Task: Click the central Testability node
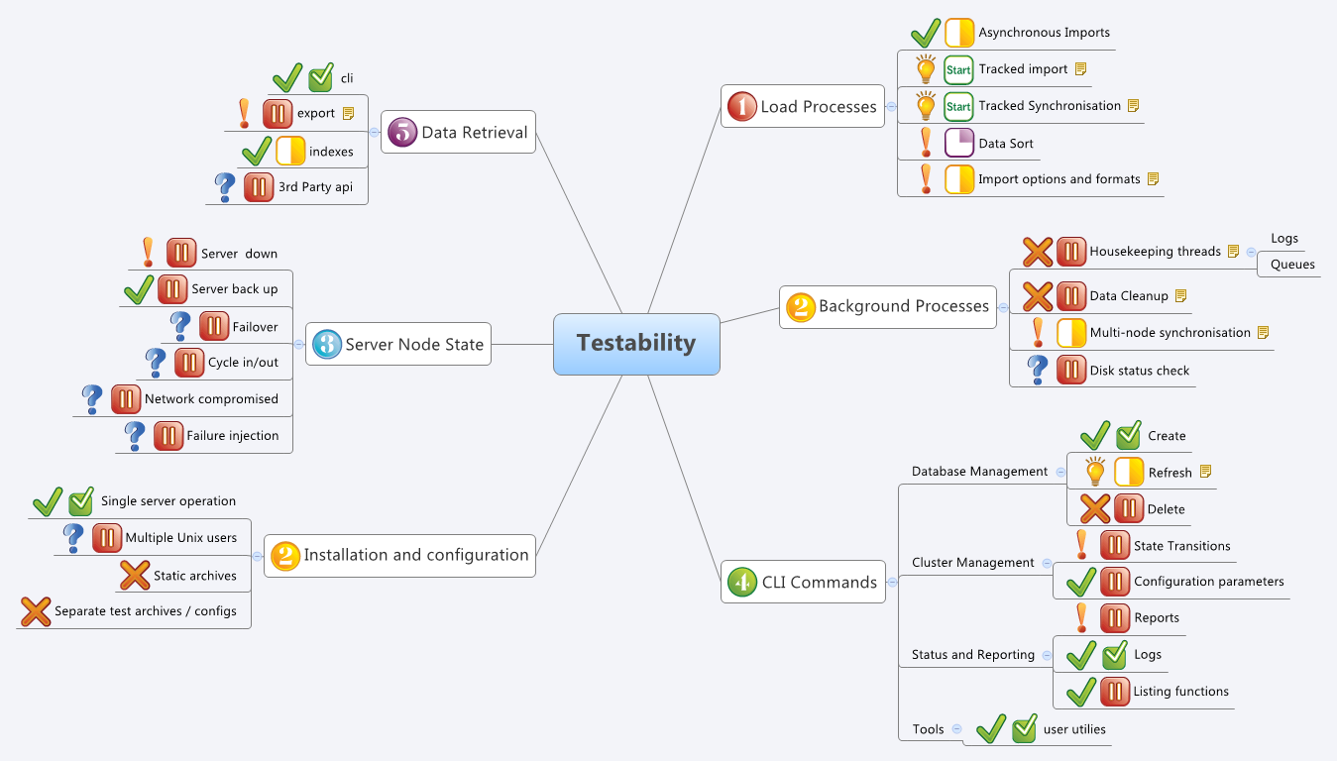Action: [x=636, y=344]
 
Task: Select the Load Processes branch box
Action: [x=804, y=106]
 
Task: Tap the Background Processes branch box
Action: [x=889, y=306]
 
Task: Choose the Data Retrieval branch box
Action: [x=459, y=132]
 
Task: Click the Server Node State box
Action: [x=398, y=345]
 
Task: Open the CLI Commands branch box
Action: [x=804, y=582]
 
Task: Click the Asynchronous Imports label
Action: [x=1044, y=33]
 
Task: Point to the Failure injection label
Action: [x=233, y=435]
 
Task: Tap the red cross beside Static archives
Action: [x=134, y=576]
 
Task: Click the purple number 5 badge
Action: [x=401, y=132]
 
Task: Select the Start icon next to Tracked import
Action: [x=958, y=69]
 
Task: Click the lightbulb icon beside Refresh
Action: [x=1095, y=472]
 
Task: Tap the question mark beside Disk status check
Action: [x=1038, y=370]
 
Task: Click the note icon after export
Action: [x=348, y=113]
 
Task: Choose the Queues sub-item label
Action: [x=1292, y=265]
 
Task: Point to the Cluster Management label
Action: [x=972, y=562]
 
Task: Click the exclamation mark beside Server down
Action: [x=148, y=253]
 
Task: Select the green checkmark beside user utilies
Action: [x=991, y=728]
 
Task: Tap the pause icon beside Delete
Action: [x=1129, y=508]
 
